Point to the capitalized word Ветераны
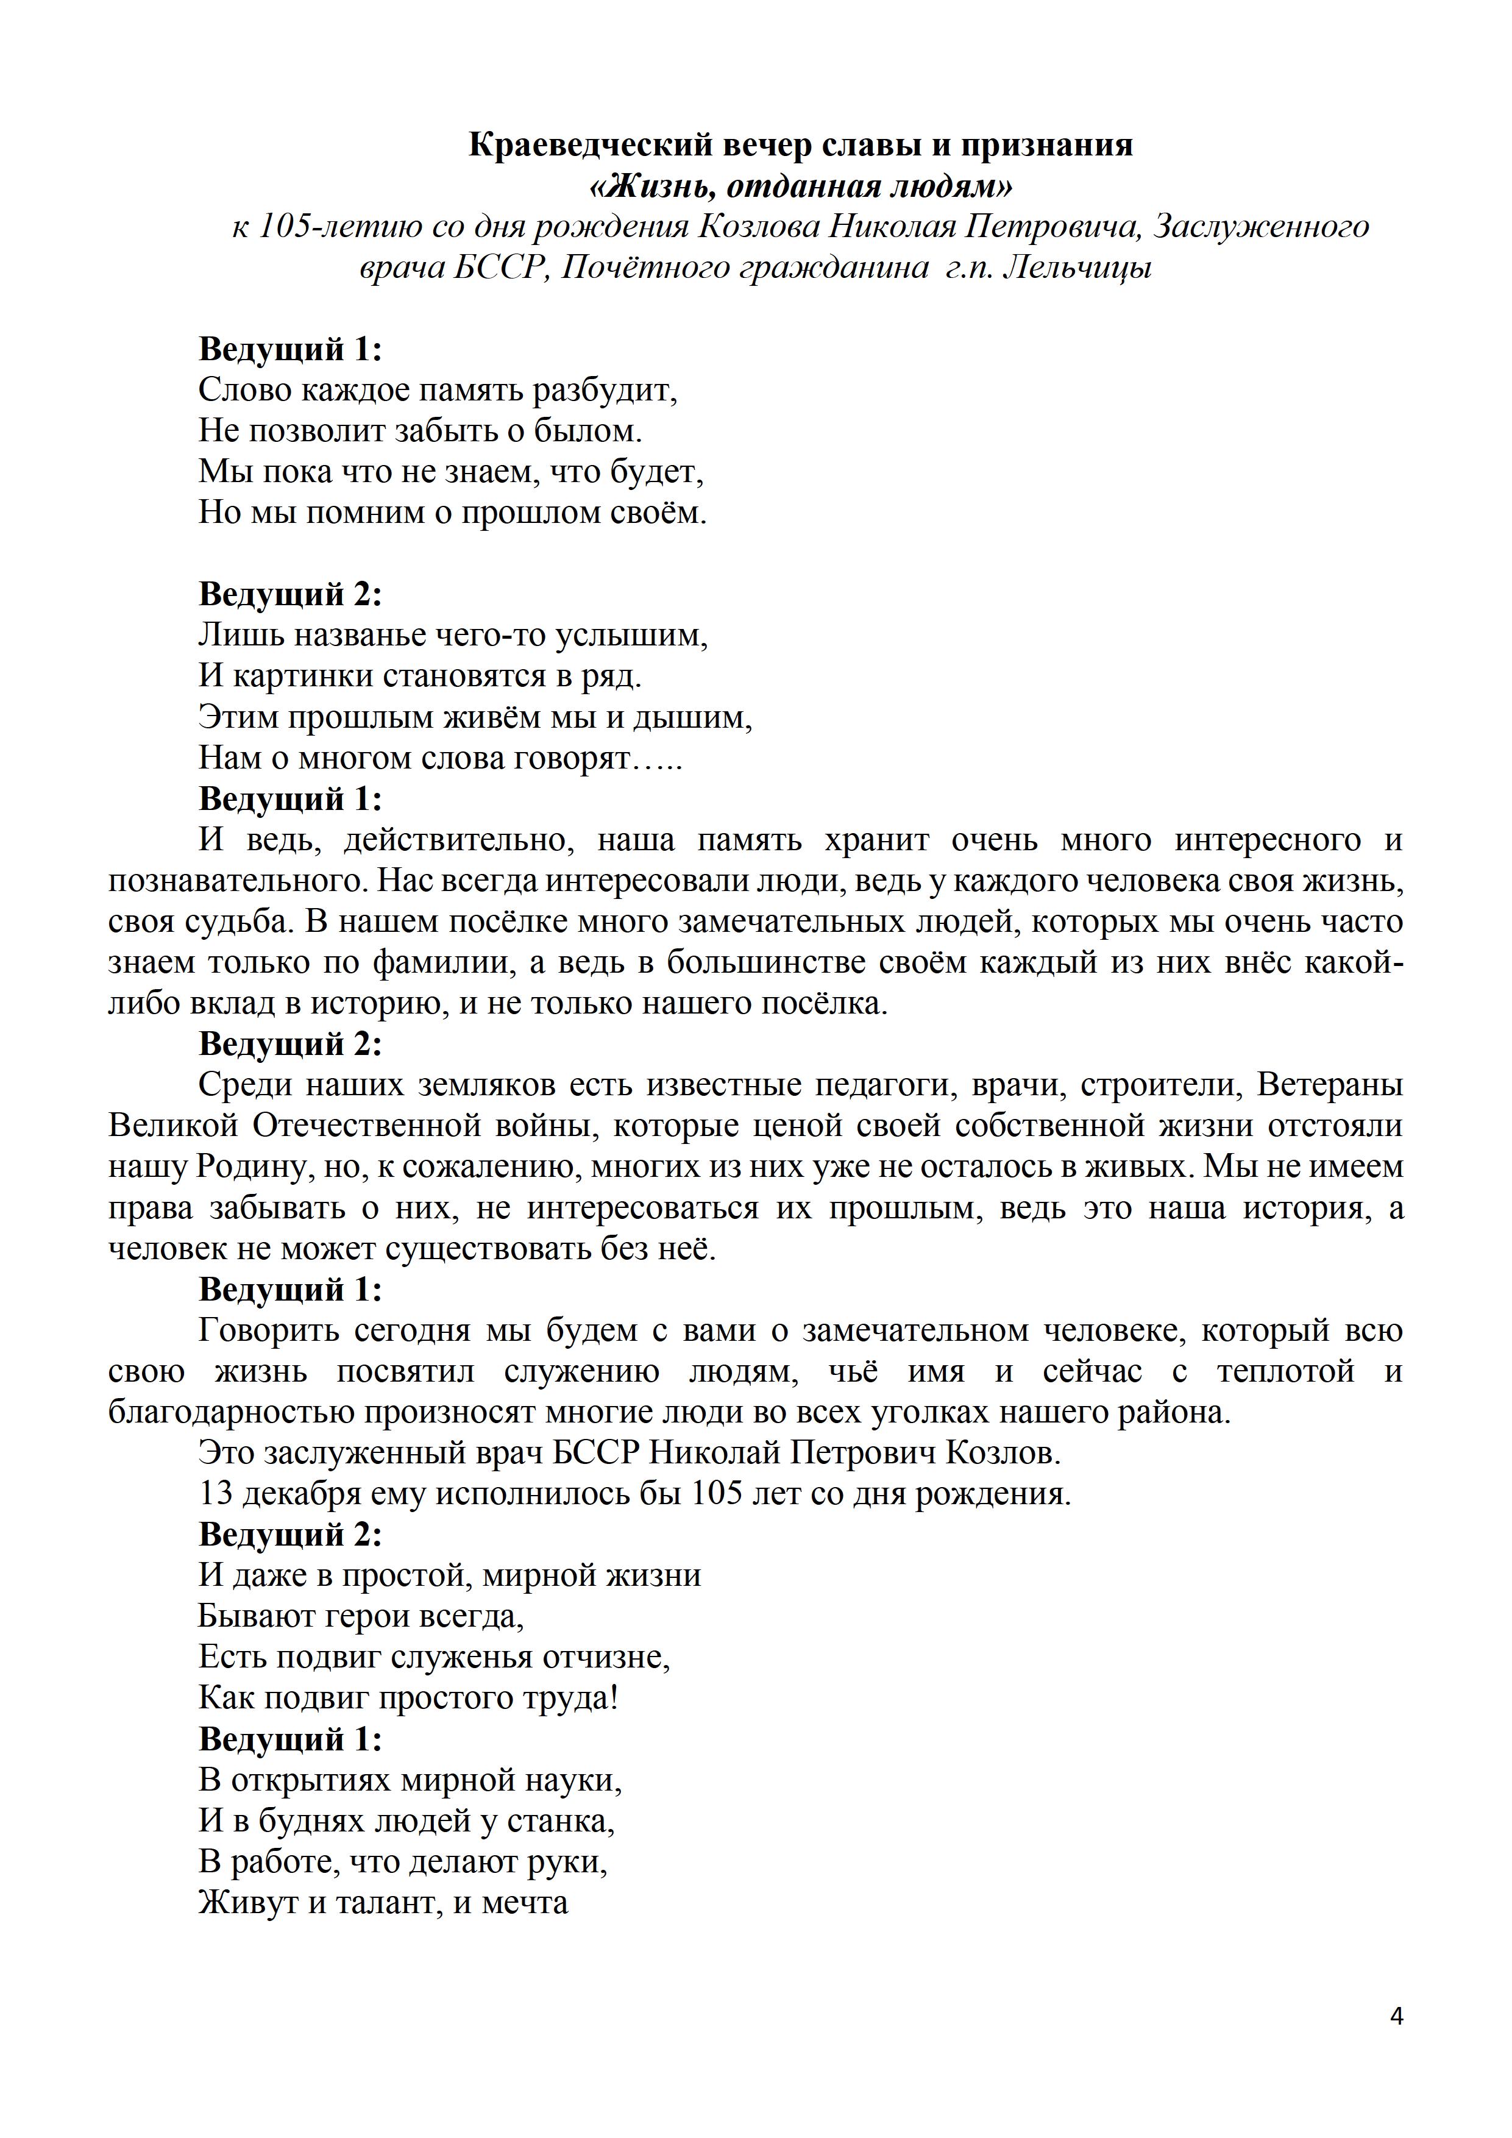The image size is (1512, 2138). (1330, 1086)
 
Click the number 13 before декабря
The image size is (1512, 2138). (215, 1494)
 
